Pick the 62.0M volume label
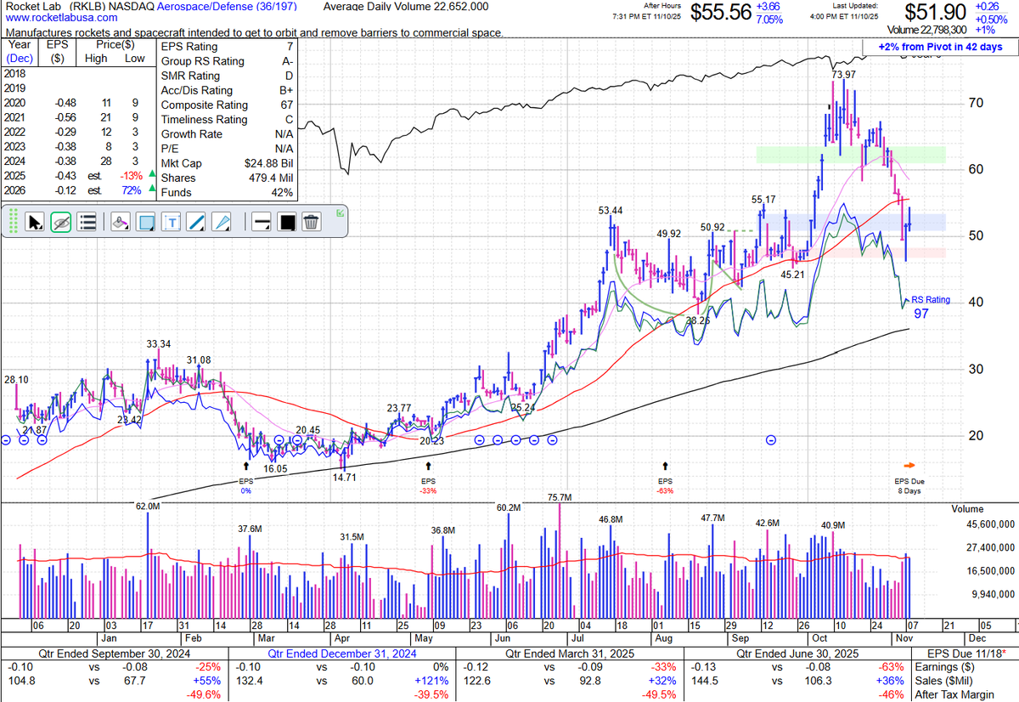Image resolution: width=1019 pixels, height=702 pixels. [x=148, y=507]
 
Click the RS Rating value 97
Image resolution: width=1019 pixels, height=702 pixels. [x=921, y=314]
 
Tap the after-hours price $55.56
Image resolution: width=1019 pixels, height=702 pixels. [x=720, y=13]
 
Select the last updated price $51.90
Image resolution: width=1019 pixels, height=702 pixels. [x=936, y=13]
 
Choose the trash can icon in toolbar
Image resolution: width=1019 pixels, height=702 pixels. [x=312, y=223]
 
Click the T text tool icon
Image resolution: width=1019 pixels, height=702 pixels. [x=172, y=223]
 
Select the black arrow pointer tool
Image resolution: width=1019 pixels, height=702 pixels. [x=35, y=223]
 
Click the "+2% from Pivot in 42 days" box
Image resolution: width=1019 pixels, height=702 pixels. [x=941, y=47]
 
